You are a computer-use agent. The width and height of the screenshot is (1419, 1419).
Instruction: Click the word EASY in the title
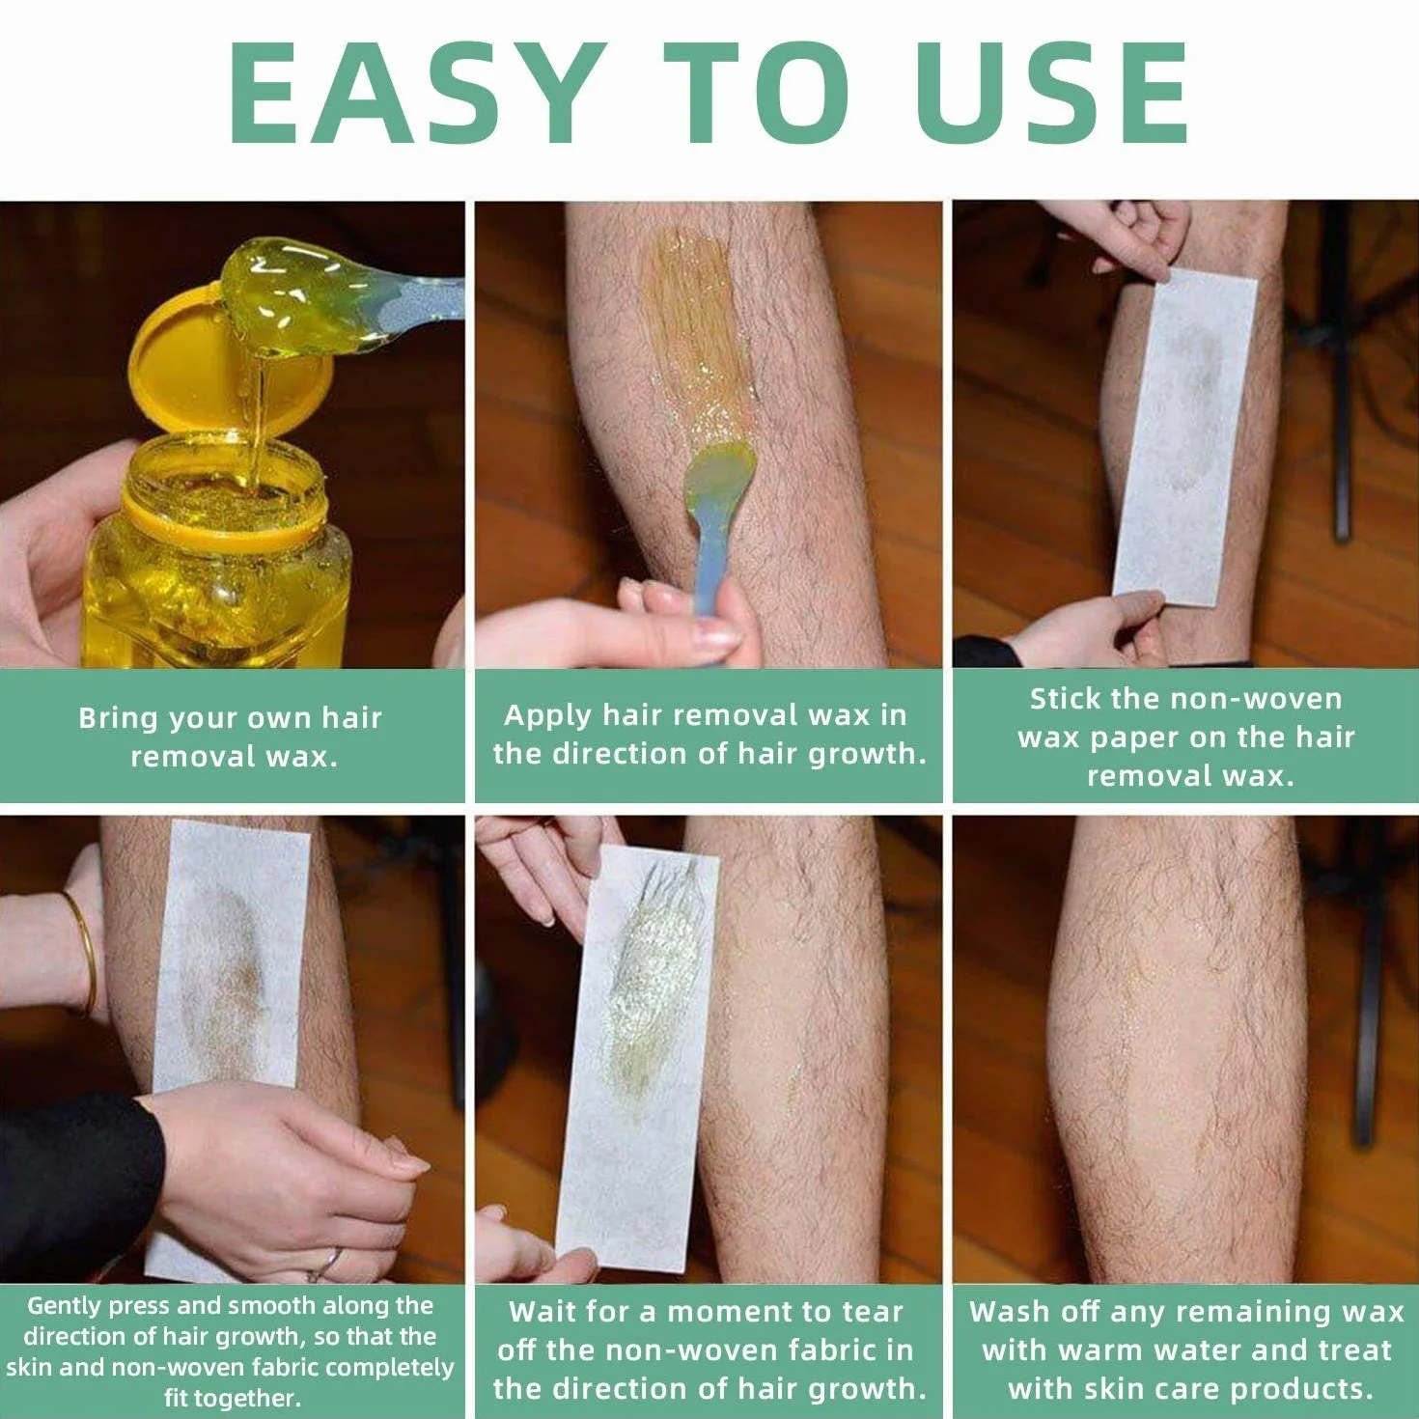pos(412,93)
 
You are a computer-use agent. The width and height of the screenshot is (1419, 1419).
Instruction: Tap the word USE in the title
pos(1052,93)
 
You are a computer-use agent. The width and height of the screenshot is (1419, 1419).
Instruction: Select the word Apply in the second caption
pos(548,716)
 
